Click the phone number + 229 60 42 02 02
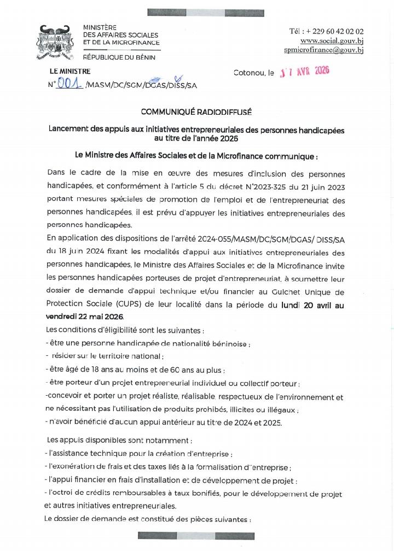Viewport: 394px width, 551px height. pyautogui.click(x=327, y=32)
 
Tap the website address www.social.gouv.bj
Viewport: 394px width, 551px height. pyautogui.click(x=332, y=41)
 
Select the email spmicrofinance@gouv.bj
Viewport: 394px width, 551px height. pyautogui.click(x=324, y=50)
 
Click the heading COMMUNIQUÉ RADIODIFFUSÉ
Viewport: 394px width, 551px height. pyautogui.click(x=196, y=112)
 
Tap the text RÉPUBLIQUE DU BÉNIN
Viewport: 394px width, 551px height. pyautogui.click(x=119, y=57)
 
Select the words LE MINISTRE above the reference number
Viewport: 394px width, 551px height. pyautogui.click(x=70, y=71)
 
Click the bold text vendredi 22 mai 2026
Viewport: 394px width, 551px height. pyautogui.click(x=85, y=317)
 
